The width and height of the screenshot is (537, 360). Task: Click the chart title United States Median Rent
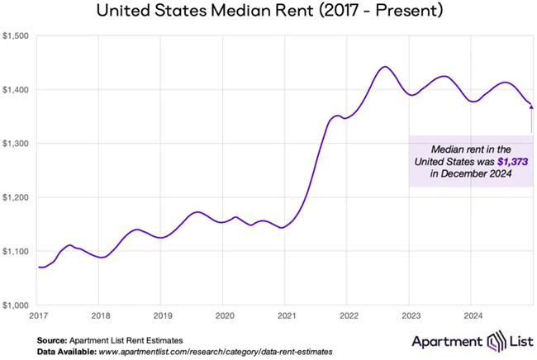tap(268, 12)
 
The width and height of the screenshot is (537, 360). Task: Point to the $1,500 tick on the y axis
tap(17, 36)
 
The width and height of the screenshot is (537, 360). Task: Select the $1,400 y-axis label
tap(17, 89)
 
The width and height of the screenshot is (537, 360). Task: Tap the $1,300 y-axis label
tap(17, 144)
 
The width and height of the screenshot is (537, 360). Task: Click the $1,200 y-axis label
tap(17, 197)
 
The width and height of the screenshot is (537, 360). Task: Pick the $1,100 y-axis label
tap(17, 251)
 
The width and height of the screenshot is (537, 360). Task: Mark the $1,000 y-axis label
tap(17, 305)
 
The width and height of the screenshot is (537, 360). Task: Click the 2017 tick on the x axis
tap(38, 315)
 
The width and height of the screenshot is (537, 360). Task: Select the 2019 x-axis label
tap(162, 315)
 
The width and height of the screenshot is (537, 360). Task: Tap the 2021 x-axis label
tap(286, 315)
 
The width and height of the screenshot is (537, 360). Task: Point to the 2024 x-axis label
tap(471, 315)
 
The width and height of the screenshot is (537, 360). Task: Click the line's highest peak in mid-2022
tap(384, 67)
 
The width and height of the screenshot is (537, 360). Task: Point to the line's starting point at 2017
tap(39, 267)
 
